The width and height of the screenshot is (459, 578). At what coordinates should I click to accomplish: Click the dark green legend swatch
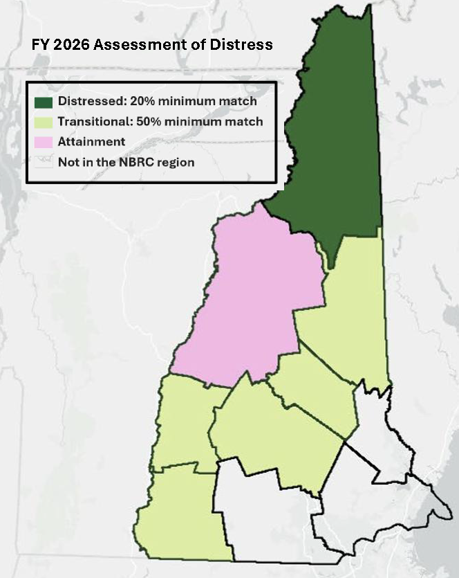44,102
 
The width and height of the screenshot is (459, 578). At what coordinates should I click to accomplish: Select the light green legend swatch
44,122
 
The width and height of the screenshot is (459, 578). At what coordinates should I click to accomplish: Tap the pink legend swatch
44,142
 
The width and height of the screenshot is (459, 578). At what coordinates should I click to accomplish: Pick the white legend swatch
44,163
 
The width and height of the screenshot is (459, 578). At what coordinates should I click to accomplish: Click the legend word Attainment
91,142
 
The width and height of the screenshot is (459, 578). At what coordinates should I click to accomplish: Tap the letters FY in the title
39,45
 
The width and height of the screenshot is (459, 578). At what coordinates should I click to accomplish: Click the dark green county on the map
325,138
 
